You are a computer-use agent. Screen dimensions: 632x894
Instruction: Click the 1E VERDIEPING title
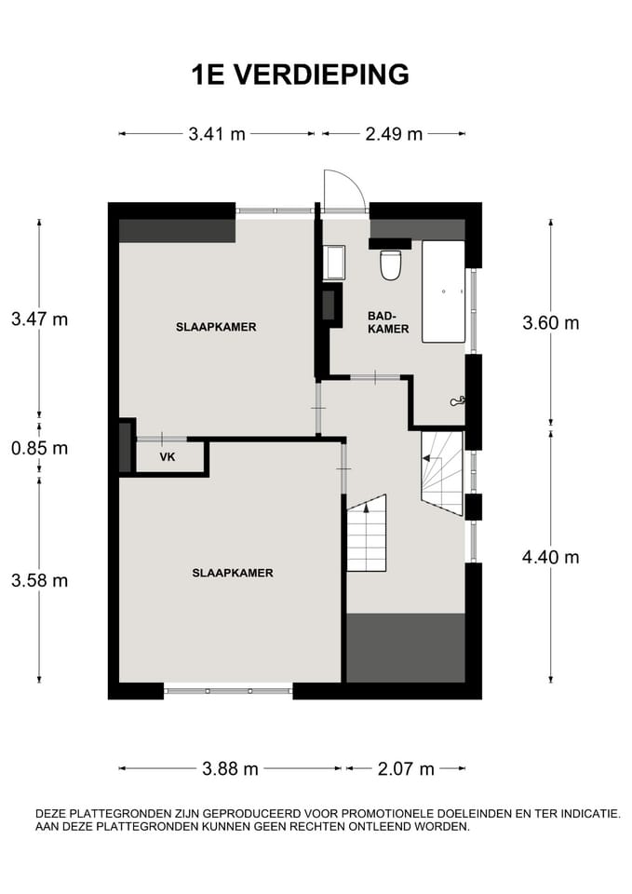301,74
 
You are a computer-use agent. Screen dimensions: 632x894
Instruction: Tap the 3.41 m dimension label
217,134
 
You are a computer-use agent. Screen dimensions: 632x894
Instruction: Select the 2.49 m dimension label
394,134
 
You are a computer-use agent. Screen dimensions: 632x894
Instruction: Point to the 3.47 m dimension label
39,318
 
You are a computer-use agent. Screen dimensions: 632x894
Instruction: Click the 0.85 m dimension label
39,448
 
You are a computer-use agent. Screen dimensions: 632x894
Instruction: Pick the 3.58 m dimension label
39,580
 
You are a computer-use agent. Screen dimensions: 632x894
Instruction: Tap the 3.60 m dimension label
550,323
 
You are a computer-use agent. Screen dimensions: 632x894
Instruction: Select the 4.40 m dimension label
550,557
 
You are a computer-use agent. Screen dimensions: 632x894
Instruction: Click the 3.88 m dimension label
230,769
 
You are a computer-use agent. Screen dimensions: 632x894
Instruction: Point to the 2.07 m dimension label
406,769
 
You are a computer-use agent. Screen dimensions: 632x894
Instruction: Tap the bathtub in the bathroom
443,291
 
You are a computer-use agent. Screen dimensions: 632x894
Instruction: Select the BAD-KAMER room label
388,323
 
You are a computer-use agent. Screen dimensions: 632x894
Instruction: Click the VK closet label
168,457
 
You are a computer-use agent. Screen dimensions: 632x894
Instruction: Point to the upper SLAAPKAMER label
216,327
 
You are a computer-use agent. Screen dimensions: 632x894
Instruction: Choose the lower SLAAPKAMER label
233,574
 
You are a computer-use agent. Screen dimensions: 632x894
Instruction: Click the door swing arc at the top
351,182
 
